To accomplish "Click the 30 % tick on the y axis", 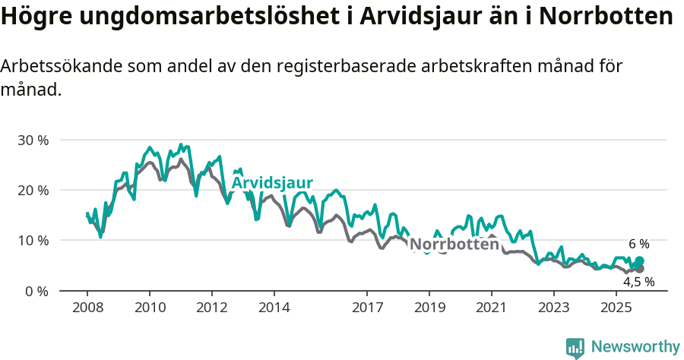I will tap(33, 141).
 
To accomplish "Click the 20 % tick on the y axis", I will tap(33, 191).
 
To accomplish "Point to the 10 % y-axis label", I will tap(33, 241).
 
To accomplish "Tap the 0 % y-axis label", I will tap(36, 291).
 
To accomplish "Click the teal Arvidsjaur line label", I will tap(272, 184).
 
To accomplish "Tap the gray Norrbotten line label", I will tap(454, 245).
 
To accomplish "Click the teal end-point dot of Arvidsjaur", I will tap(639, 261).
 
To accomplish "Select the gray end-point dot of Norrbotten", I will tap(639, 269).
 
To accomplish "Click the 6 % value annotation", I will tap(638, 245).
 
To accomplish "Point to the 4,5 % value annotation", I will tap(638, 282).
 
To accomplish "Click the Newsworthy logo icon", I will tap(575, 347).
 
